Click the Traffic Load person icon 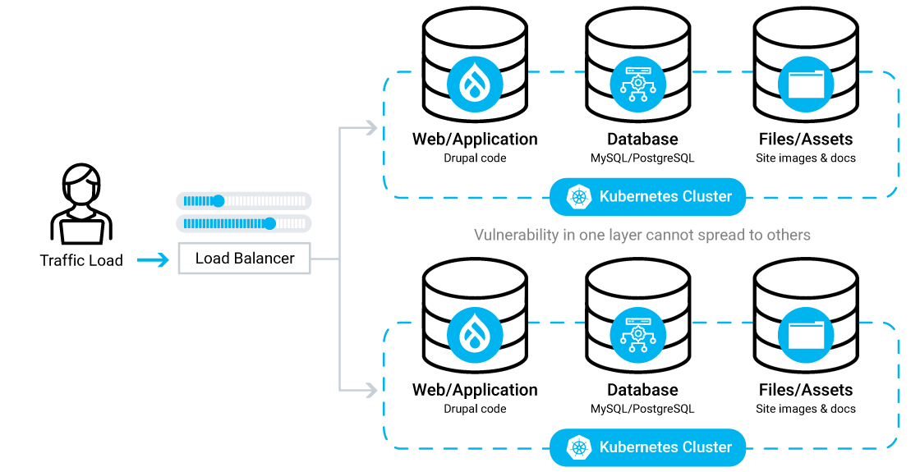pyautogui.click(x=80, y=205)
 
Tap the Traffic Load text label pyautogui.click(x=81, y=261)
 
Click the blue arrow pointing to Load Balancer pyautogui.click(x=153, y=260)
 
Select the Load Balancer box pyautogui.click(x=244, y=259)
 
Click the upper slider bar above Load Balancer pyautogui.click(x=244, y=200)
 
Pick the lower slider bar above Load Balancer pyautogui.click(x=244, y=223)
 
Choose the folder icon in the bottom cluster pyautogui.click(x=805, y=335)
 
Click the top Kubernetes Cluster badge pyautogui.click(x=648, y=197)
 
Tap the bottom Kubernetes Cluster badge pyautogui.click(x=648, y=447)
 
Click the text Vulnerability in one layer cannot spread pyautogui.click(x=642, y=236)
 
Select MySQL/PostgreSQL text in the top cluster pyautogui.click(x=642, y=158)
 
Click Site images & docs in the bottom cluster pyautogui.click(x=805, y=409)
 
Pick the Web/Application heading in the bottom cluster pyautogui.click(x=475, y=390)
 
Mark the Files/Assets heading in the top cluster pyautogui.click(x=805, y=140)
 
